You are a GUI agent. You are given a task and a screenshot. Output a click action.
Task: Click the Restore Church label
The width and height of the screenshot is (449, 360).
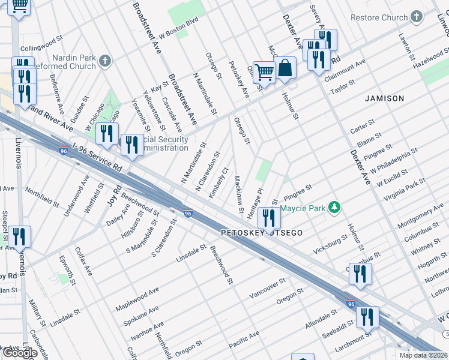(x=379, y=18)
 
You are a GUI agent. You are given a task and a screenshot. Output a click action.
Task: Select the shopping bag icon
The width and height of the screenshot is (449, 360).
(x=285, y=70)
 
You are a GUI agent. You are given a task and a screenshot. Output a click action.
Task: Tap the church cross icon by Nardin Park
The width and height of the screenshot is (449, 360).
(x=105, y=61)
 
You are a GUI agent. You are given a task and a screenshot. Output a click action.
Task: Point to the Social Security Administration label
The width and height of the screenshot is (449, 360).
(x=163, y=144)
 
